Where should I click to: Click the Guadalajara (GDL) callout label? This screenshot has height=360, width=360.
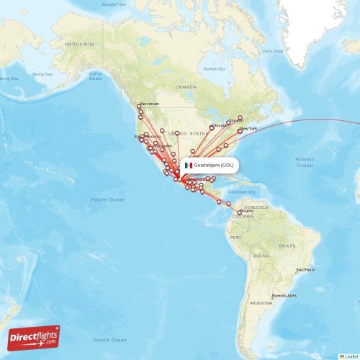pyautogui.click(x=213, y=165)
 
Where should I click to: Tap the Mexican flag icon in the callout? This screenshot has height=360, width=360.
pyautogui.click(x=188, y=165)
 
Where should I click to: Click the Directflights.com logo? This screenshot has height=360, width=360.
pyautogui.click(x=35, y=336)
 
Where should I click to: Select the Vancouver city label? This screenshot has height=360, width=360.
pyautogui.click(x=149, y=103)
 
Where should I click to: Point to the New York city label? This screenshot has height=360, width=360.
pyautogui.click(x=248, y=128)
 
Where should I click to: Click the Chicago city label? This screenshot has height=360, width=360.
pyautogui.click(x=219, y=125)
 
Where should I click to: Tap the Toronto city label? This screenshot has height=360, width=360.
pyautogui.click(x=236, y=120)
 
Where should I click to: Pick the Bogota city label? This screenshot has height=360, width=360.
pyautogui.click(x=246, y=210)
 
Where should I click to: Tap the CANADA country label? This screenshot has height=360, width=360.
pyautogui.click(x=186, y=86)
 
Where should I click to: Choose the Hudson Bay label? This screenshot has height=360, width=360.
pyautogui.click(x=215, y=68)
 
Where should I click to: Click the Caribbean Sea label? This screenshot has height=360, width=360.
pyautogui.click(x=243, y=192)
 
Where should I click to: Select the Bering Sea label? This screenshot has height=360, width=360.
pyautogui.click(x=43, y=74)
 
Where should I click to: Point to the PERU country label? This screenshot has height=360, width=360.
pyautogui.click(x=235, y=237)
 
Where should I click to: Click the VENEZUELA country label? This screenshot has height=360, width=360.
pyautogui.click(x=256, y=207)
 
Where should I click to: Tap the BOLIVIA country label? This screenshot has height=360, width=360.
pyautogui.click(x=262, y=255)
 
